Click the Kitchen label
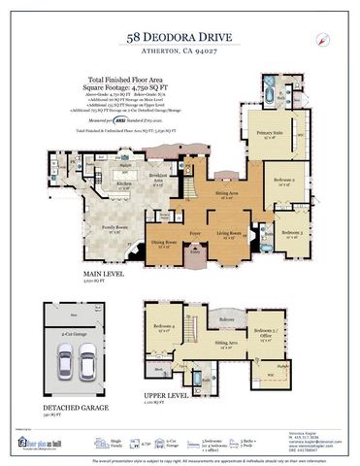[x=124, y=182]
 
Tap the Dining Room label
[x=165, y=242]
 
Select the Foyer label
[x=194, y=233]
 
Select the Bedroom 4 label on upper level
[x=164, y=325]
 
